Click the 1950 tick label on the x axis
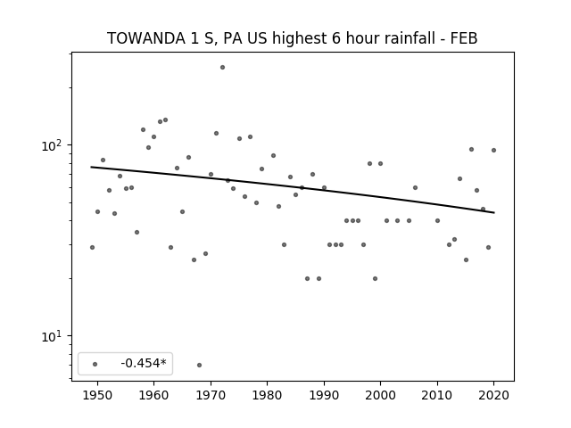tap(97, 395)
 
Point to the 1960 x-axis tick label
tap(153, 395)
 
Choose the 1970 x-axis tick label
tap(211, 395)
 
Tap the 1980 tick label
tap(267, 395)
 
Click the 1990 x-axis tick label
tap(324, 395)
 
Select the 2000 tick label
tap(381, 395)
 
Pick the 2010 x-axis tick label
tap(437, 395)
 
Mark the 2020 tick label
tap(493, 395)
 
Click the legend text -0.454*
tap(144, 363)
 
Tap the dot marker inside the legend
tap(95, 364)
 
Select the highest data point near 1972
tap(222, 68)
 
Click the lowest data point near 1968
tap(199, 365)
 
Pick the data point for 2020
tap(493, 150)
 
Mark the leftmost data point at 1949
tap(92, 248)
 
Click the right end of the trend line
tap(494, 212)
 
